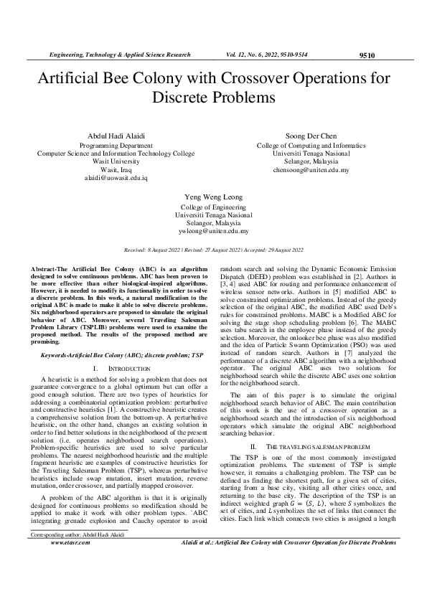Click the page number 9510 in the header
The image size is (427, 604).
click(x=365, y=55)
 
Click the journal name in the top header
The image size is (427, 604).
click(x=119, y=55)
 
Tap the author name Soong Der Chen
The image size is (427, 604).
click(x=311, y=136)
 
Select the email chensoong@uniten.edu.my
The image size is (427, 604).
click(x=311, y=170)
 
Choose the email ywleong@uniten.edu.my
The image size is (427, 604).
click(x=213, y=232)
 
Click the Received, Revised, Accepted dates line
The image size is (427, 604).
click(x=213, y=250)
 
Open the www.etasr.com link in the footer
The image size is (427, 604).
click(x=70, y=563)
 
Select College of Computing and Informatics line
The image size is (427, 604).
click(x=311, y=145)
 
